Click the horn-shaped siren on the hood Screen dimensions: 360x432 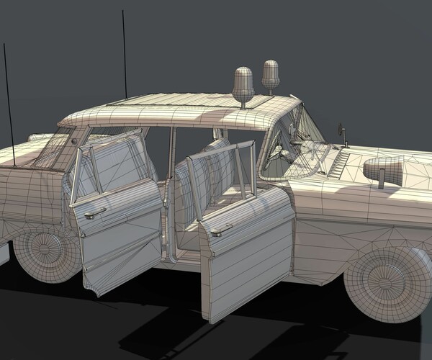tap(388, 170)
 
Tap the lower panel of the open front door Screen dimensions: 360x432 tap(245, 259)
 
